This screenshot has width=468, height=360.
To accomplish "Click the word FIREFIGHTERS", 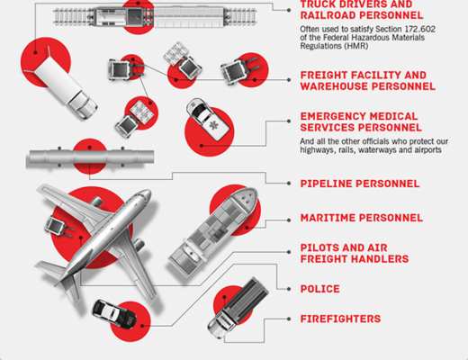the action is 340,319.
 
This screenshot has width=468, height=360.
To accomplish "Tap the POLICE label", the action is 320,289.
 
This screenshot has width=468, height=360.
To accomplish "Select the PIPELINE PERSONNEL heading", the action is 360,184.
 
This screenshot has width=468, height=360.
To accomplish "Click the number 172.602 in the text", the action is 420,29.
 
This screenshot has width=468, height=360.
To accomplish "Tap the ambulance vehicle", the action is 208,119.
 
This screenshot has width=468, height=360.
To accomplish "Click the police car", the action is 114,313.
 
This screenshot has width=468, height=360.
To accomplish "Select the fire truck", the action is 238,308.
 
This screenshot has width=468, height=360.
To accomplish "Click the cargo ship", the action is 213,231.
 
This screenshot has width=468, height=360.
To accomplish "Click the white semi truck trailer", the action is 61,82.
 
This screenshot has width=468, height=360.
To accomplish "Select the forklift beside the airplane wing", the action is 58,227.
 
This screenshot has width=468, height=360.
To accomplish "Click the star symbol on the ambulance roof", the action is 213,125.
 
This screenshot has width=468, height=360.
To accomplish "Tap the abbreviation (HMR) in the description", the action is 356,46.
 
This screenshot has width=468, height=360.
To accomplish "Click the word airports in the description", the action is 428,149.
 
